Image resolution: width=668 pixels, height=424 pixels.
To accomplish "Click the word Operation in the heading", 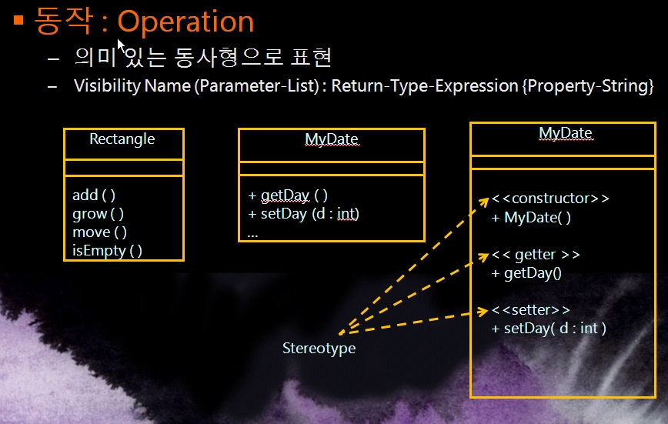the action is (185, 22).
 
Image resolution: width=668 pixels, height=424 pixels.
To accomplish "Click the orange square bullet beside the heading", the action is (18, 20).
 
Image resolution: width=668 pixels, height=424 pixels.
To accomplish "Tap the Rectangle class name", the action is (122, 139).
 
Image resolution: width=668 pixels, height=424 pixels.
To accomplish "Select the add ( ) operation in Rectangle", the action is (94, 195).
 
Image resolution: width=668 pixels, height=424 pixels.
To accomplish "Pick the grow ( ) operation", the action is (98, 214).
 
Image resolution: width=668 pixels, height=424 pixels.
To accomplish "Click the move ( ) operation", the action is (100, 232).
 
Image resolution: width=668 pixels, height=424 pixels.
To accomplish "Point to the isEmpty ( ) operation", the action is (107, 251).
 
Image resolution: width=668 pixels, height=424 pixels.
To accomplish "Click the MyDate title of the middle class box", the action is (332, 139).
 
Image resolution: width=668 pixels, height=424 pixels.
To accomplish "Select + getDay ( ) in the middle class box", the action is (288, 195).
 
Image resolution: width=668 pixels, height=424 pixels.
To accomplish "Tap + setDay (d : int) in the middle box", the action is (303, 214).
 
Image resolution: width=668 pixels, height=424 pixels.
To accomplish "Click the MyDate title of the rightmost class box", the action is (566, 133).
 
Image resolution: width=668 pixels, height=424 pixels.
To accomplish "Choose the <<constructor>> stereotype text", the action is (550, 199).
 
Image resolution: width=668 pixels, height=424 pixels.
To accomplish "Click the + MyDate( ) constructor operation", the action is (531, 218).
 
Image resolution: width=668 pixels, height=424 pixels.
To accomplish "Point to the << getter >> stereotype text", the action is (536, 255).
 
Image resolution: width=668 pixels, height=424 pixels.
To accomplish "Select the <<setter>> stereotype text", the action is (530, 310).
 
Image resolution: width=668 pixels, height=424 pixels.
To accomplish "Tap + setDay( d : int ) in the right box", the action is (549, 329).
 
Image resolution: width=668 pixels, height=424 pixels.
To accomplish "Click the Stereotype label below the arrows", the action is (319, 348).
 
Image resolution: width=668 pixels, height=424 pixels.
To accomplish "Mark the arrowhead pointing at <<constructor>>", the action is (483, 202).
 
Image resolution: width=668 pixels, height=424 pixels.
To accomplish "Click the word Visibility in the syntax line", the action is (108, 86).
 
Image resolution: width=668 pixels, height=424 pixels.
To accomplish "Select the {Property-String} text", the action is (588, 86).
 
